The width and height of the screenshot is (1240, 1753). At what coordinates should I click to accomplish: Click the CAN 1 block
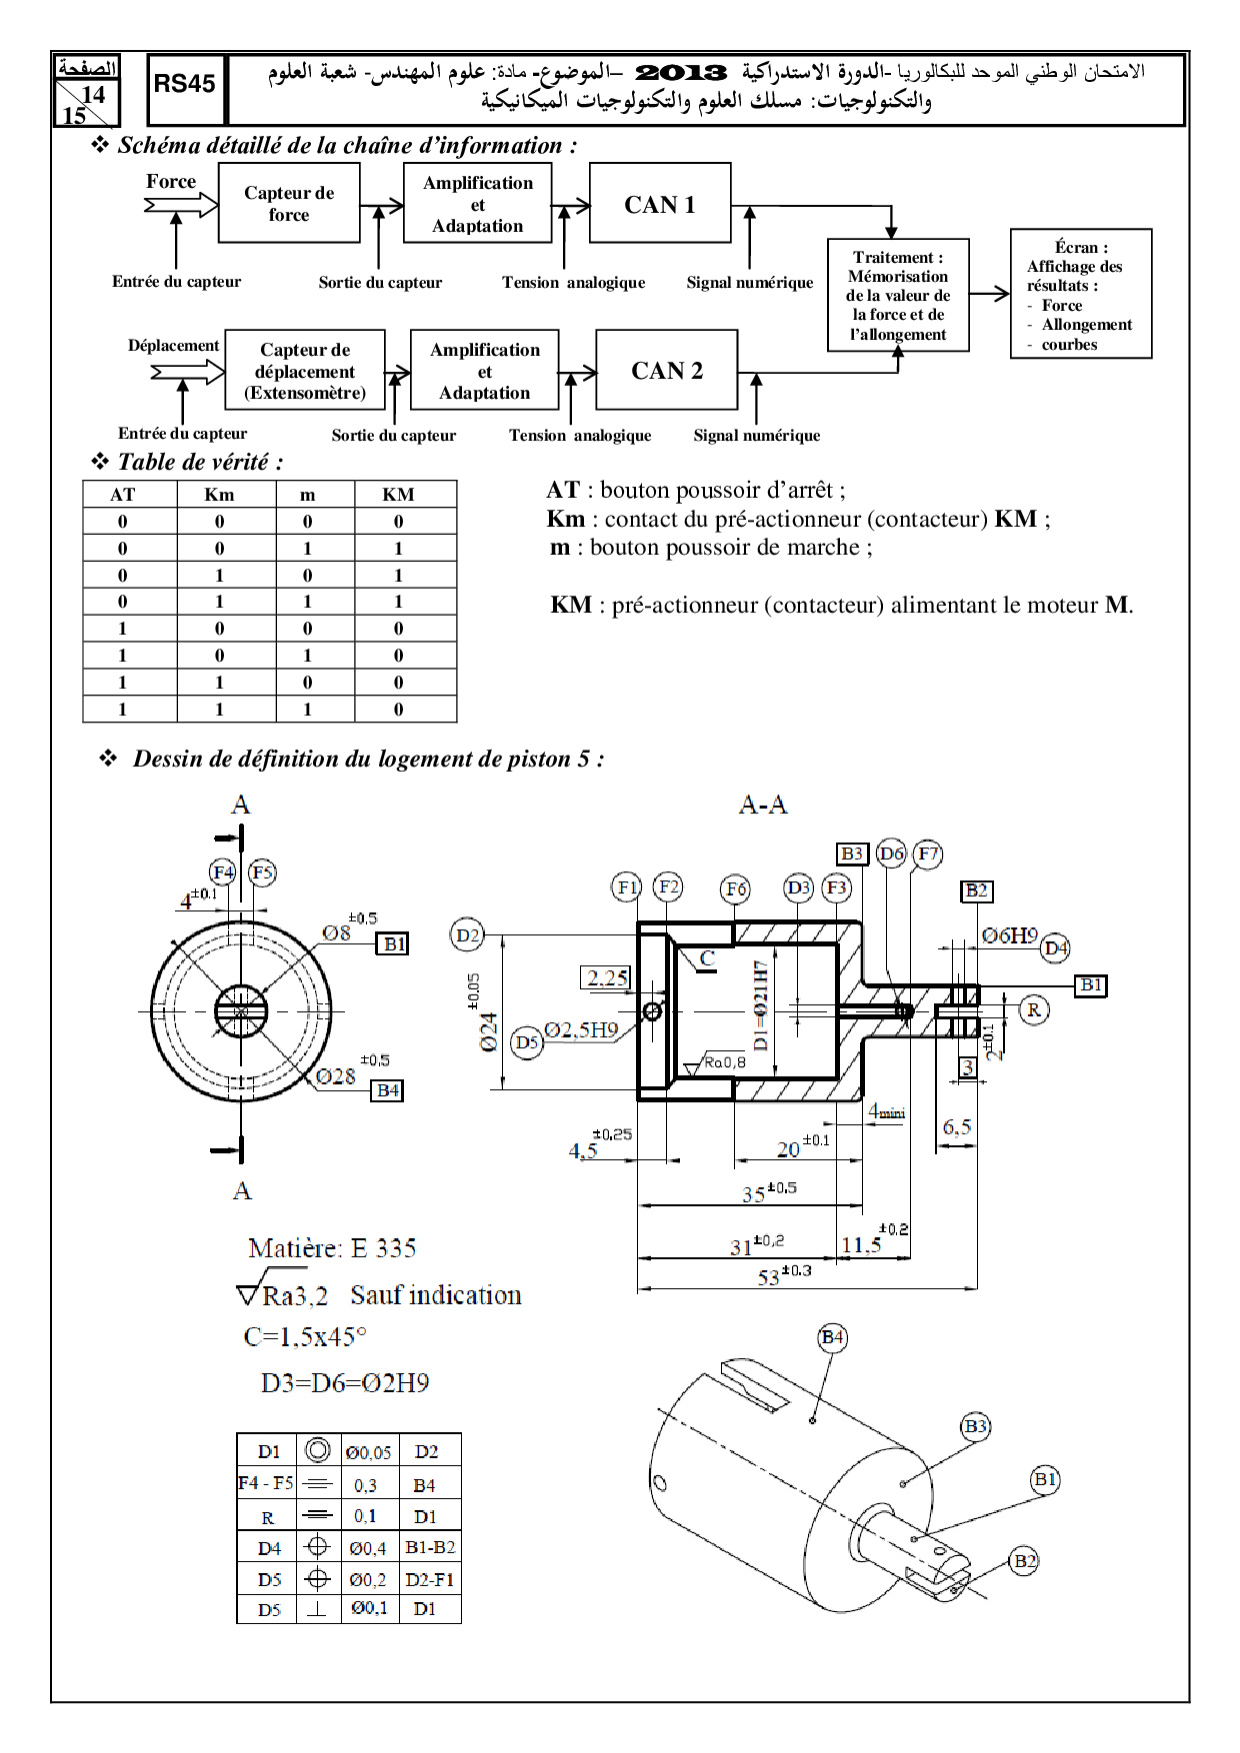(660, 204)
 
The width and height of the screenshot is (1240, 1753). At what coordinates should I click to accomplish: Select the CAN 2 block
(666, 371)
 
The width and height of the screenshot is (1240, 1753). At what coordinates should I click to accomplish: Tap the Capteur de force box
(289, 204)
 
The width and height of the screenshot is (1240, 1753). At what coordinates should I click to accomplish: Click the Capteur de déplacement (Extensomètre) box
(305, 371)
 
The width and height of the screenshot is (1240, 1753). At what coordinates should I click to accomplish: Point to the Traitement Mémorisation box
(898, 295)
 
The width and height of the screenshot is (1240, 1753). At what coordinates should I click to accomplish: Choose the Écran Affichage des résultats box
(1080, 295)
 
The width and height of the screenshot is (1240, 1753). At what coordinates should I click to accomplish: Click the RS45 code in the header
(185, 85)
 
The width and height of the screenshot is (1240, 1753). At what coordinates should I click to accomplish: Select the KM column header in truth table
(398, 495)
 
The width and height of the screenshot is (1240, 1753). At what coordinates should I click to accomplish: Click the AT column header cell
(123, 495)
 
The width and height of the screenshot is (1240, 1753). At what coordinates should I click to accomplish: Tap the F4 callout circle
(223, 873)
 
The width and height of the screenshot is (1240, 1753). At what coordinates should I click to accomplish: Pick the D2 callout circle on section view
(467, 935)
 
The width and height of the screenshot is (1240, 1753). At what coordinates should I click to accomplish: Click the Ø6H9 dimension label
(1009, 935)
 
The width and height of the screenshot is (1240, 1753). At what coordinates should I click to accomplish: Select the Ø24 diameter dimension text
(488, 1031)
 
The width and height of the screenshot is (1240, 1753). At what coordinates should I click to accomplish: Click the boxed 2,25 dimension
(606, 977)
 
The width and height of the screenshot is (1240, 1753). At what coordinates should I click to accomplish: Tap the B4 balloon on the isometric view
(832, 1337)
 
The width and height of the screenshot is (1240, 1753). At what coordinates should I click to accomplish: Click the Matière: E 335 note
(332, 1248)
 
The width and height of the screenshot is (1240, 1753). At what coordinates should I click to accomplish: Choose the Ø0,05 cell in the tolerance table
(368, 1452)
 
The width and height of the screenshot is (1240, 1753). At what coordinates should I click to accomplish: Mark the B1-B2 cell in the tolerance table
(430, 1548)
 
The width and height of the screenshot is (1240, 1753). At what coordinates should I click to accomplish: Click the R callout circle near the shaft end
(1033, 1009)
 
